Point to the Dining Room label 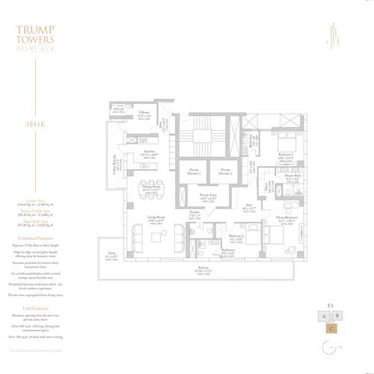click(153, 188)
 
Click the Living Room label click(156, 220)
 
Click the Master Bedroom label click(286, 221)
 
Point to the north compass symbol click(330, 348)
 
